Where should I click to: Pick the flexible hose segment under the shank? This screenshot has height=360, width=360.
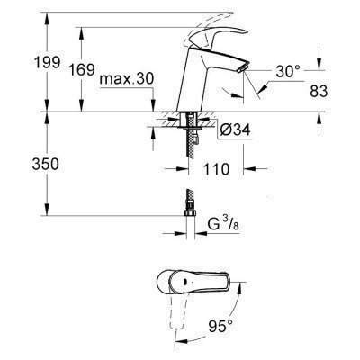191,157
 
